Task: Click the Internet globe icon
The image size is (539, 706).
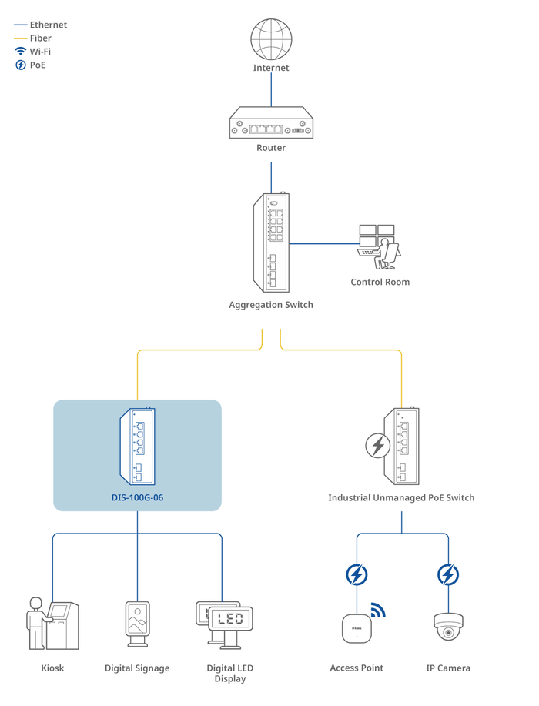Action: pos(271,38)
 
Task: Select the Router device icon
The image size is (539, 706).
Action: pos(271,124)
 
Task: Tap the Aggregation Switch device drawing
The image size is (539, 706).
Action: pos(271,243)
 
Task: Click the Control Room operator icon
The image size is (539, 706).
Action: pos(380,246)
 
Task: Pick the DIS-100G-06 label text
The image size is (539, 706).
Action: pos(137,497)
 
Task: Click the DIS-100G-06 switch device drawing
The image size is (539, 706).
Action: pos(137,447)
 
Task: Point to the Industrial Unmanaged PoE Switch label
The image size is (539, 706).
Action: pos(401,497)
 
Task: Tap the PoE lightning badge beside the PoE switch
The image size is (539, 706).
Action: pos(377,446)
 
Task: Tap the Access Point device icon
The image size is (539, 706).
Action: pos(357,628)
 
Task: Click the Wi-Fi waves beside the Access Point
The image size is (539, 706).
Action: pos(377,611)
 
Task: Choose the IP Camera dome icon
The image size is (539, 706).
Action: pos(448,627)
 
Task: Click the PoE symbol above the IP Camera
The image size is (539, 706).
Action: pos(448,574)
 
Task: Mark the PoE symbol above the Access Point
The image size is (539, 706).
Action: pos(357,574)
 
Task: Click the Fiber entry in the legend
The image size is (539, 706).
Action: pos(40,38)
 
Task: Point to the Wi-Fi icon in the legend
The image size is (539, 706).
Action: pos(21,52)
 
